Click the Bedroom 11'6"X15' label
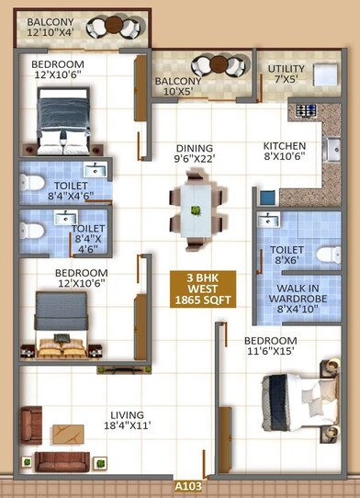coord(270,345)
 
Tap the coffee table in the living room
coord(70,434)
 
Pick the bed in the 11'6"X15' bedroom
coord(298,396)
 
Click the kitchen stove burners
coord(306,112)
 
